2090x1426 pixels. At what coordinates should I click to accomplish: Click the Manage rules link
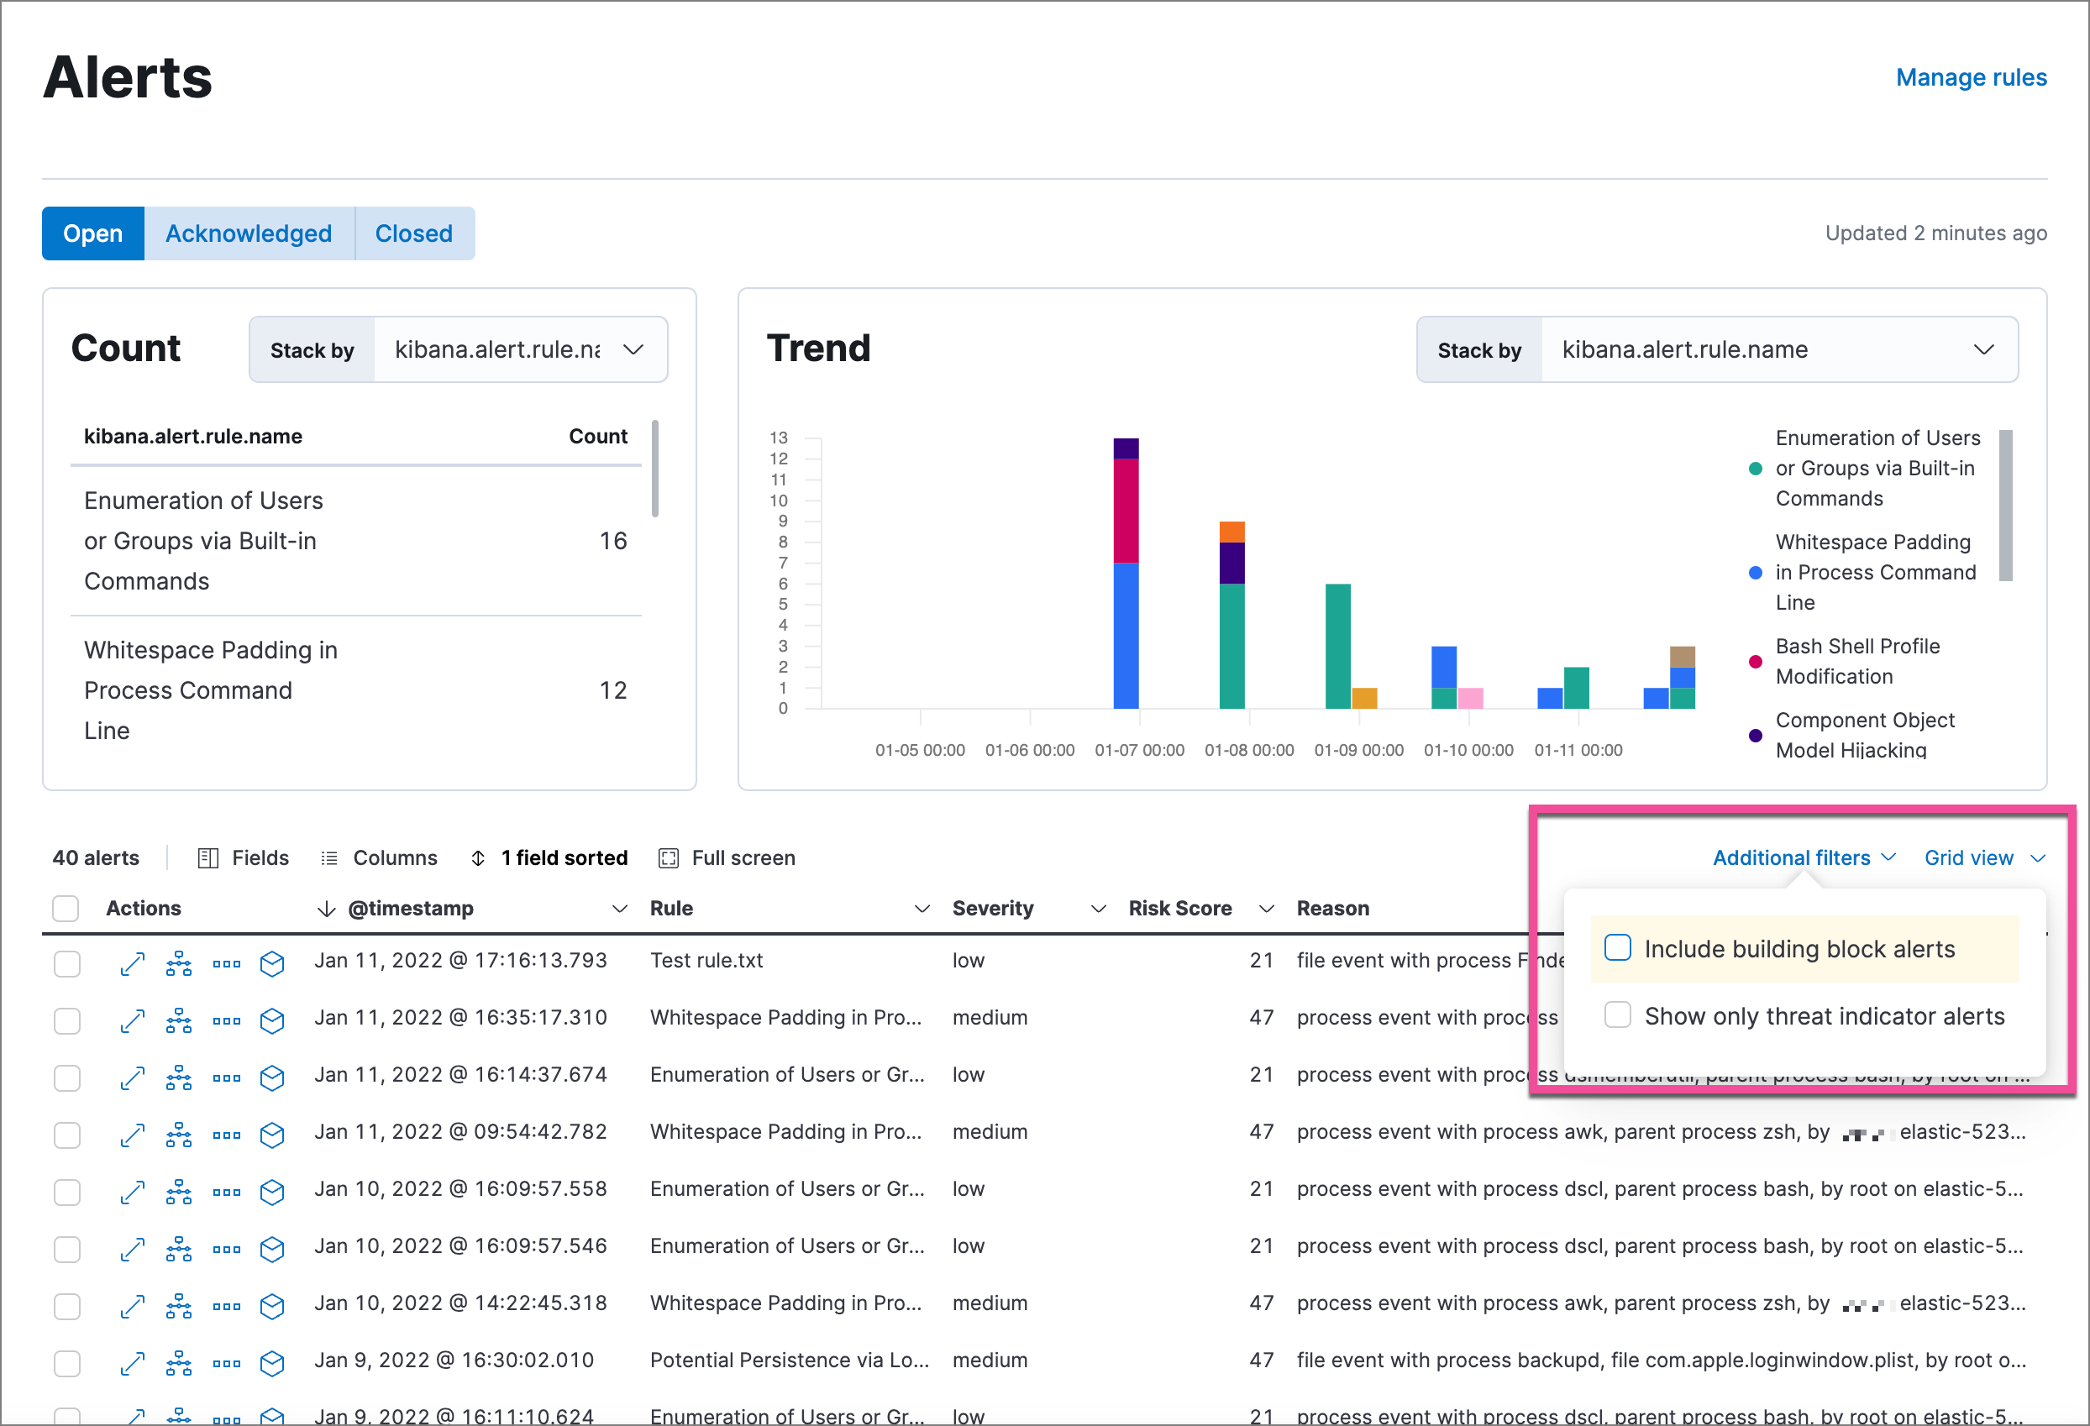click(1971, 77)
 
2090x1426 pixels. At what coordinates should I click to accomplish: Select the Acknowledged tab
click(248, 233)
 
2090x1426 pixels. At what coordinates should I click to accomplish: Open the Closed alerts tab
click(413, 233)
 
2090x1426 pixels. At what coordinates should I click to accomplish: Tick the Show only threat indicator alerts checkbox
click(1617, 1015)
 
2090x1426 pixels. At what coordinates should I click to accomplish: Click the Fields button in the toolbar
click(244, 857)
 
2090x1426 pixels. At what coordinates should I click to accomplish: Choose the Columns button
click(380, 857)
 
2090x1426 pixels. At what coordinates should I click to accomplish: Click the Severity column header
click(992, 908)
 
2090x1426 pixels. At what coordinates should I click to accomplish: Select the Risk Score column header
click(1179, 908)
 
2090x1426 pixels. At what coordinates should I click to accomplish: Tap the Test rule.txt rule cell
click(706, 960)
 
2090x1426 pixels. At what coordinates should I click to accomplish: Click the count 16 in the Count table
click(612, 540)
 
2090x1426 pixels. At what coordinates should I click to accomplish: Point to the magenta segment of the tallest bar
click(1125, 511)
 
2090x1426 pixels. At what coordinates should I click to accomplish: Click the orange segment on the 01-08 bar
click(1231, 532)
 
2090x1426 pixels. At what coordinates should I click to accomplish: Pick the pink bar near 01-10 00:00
click(1469, 698)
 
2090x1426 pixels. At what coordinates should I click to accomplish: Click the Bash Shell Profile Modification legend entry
click(1856, 661)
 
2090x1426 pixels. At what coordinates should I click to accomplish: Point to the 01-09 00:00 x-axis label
click(1358, 750)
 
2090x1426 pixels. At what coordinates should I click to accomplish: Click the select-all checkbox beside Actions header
click(66, 908)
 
